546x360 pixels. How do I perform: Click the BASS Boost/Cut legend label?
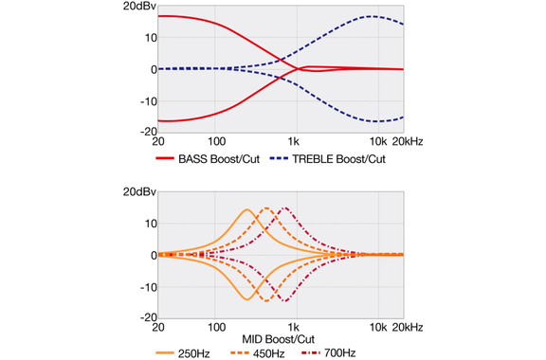coord(219,159)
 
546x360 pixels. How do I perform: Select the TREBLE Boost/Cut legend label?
coord(338,159)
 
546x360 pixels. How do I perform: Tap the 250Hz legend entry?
coord(194,353)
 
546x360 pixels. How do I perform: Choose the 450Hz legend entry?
coord(268,353)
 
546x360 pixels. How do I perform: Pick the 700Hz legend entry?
coord(340,353)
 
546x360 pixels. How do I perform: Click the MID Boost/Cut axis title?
coord(279,339)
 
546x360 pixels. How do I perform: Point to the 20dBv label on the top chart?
coord(139,7)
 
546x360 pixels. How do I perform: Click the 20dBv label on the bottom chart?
coord(139,191)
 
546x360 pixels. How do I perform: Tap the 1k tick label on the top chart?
coord(293,142)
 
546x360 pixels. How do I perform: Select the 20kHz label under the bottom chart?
coord(408,327)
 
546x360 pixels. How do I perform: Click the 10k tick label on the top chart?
coord(378,142)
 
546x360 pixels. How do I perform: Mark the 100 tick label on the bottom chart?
coord(216,327)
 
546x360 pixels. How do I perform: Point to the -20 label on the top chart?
coord(149,132)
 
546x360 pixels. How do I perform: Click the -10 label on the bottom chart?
coord(149,288)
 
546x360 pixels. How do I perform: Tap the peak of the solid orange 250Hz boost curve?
coord(246,209)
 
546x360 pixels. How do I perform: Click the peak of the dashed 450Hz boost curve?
coord(266,208)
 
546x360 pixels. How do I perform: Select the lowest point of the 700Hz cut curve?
coord(285,301)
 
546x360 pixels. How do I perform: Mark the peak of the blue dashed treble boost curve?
coord(372,16)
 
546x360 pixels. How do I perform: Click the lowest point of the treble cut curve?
coord(376,121)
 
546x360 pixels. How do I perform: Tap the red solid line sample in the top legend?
coord(165,158)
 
